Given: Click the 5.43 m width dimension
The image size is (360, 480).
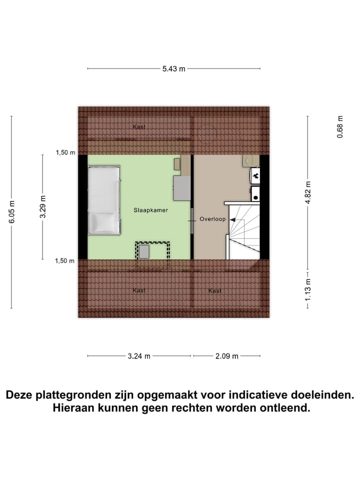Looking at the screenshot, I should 173,69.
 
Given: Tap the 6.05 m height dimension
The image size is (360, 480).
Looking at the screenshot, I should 12,212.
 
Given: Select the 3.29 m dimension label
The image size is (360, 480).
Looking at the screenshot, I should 43,206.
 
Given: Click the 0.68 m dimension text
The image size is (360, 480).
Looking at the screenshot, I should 340,127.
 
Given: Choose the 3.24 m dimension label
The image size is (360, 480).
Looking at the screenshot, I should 138,356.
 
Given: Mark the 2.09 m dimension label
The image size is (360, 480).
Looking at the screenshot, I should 226,356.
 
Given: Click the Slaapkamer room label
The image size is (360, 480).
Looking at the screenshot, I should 150,210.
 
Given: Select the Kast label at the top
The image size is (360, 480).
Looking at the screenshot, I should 139,127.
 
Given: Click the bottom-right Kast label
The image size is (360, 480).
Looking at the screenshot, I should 215,290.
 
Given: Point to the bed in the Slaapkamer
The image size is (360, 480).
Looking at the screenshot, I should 104,200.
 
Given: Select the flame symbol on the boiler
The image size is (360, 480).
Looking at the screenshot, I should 255,175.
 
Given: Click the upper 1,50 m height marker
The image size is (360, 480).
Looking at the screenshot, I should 65,152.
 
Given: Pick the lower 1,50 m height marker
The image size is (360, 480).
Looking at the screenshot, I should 65,260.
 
